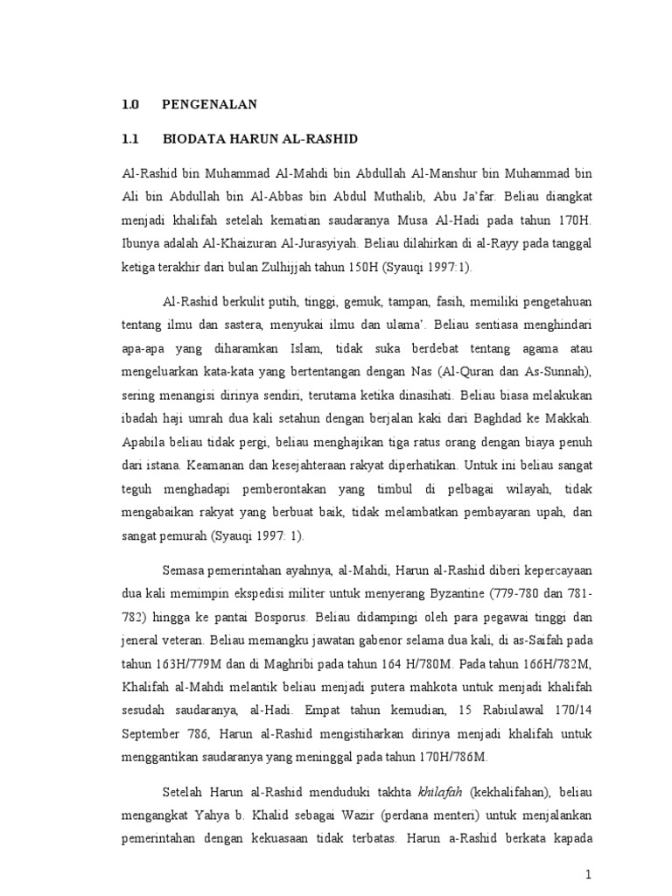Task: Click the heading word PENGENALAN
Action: click(x=209, y=105)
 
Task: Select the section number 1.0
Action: click(x=131, y=105)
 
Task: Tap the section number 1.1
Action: click(x=131, y=139)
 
